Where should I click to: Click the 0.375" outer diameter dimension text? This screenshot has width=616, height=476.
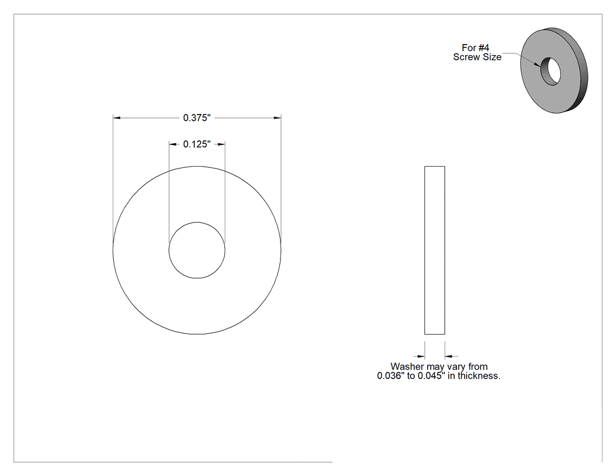click(x=197, y=117)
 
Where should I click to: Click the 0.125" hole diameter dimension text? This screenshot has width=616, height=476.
click(x=197, y=144)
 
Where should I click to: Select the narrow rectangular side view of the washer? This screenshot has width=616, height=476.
click(x=435, y=251)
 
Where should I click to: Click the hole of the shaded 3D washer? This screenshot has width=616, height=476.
click(x=550, y=71)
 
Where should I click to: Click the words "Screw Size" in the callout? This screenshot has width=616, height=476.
click(x=478, y=57)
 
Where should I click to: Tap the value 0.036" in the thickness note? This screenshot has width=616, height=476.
click(x=391, y=376)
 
